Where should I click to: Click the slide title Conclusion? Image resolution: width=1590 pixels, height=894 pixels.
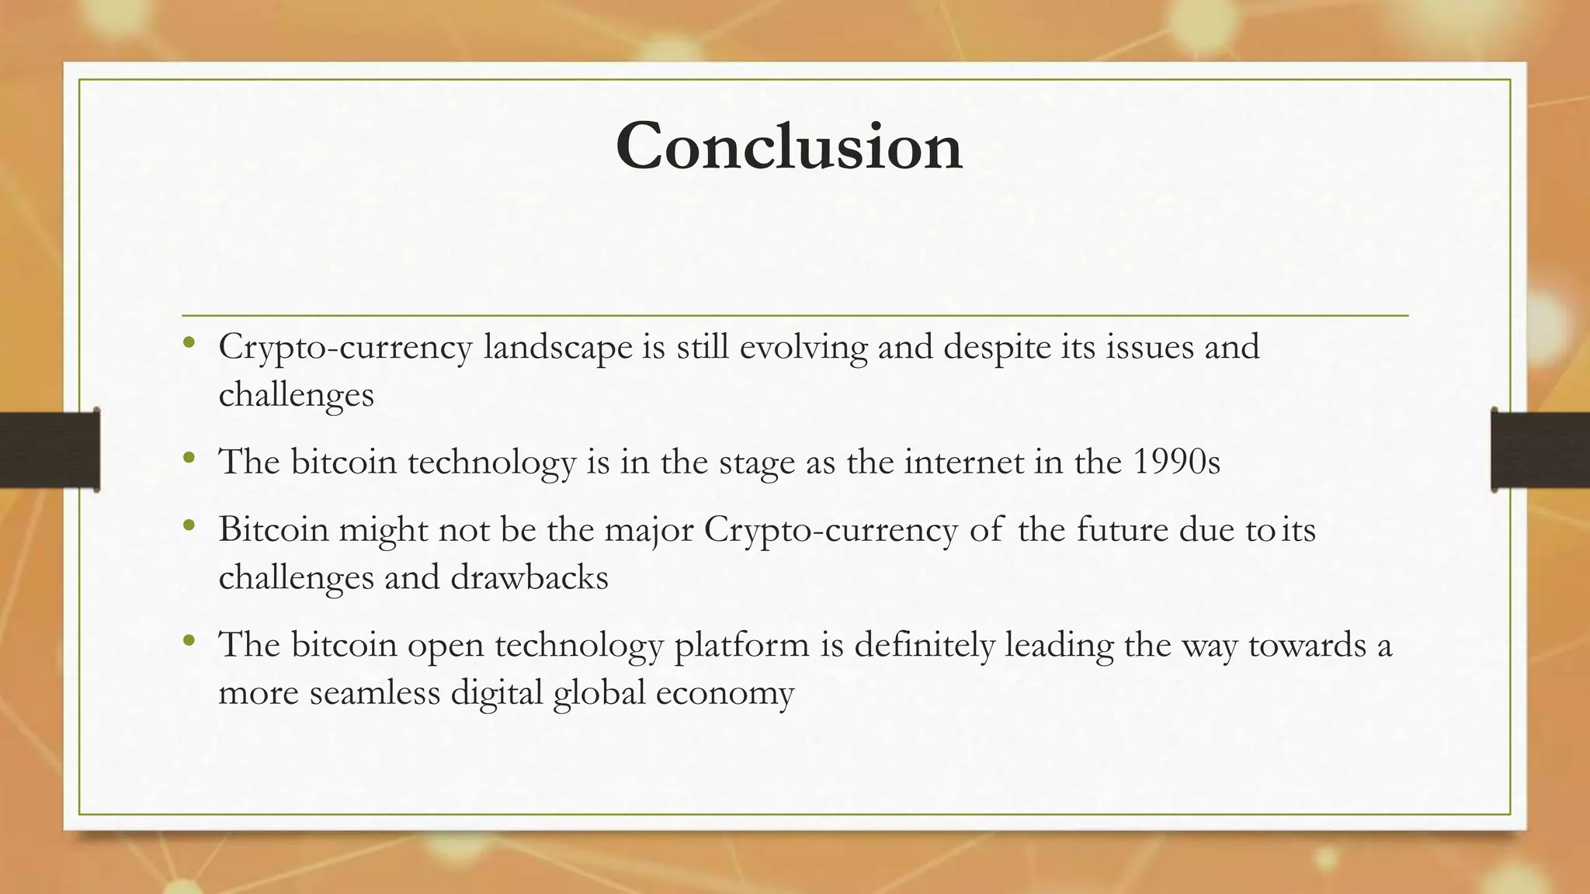(x=789, y=147)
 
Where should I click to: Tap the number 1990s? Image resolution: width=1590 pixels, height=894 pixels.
(x=1176, y=463)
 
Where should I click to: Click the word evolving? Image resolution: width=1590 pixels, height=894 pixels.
(x=804, y=347)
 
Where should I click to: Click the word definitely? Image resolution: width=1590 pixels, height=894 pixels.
(x=924, y=645)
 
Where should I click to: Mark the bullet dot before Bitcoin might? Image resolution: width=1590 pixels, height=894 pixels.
(x=189, y=526)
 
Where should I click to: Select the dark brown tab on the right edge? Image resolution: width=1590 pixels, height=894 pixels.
(x=1540, y=450)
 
